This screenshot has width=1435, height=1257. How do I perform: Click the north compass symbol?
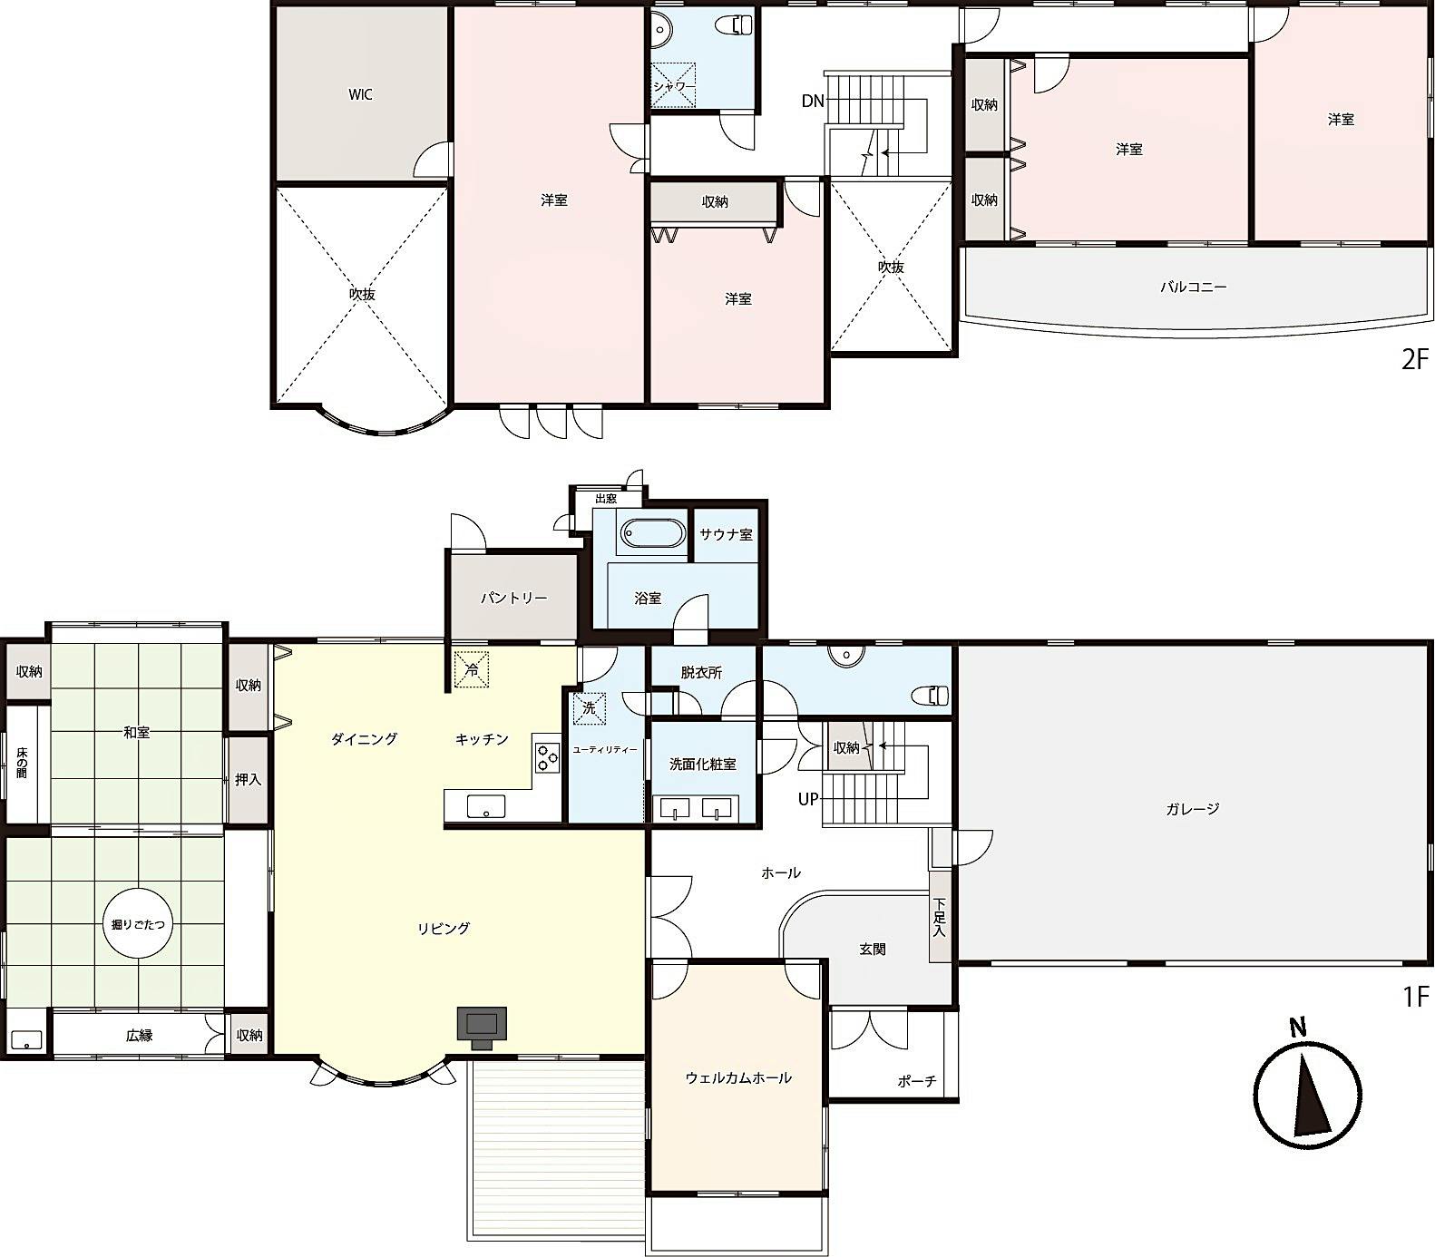tap(1307, 1085)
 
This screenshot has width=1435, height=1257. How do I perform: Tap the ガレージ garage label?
tap(1193, 809)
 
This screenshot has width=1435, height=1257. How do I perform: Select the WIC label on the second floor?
tap(360, 94)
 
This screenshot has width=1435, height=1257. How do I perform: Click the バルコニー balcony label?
tap(1194, 287)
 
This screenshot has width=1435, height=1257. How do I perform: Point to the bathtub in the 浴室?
tap(653, 534)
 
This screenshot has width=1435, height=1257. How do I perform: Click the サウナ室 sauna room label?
tap(726, 534)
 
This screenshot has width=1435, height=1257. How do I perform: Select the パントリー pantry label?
tap(513, 599)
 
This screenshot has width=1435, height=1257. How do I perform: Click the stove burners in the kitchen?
tap(546, 756)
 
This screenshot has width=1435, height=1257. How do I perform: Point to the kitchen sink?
tap(486, 805)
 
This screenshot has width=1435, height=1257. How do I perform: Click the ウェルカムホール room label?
tap(738, 1077)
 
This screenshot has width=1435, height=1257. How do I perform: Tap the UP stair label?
tap(808, 799)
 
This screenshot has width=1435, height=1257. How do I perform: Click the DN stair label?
tap(813, 101)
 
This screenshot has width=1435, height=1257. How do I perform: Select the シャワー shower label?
tap(674, 86)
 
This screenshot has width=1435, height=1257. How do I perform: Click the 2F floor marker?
tap(1415, 360)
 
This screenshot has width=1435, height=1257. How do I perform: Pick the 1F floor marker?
tap(1416, 997)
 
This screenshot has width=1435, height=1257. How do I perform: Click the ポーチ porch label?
tap(916, 1081)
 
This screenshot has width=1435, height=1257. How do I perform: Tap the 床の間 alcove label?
tap(22, 763)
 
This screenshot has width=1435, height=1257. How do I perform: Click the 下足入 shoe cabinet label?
tap(940, 916)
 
